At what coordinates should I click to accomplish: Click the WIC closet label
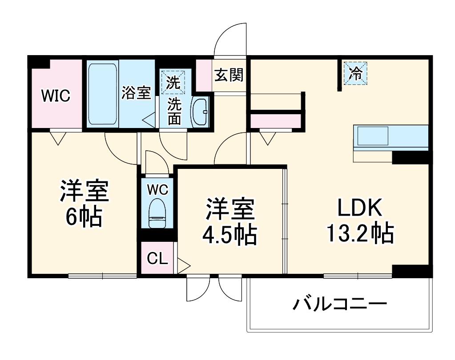point(56,96)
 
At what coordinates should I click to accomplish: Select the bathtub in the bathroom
point(103,94)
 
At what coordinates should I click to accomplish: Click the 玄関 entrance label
point(229,75)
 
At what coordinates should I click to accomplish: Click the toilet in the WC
point(157,212)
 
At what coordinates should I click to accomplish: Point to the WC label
point(157,190)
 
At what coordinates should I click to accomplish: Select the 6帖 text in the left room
point(84,217)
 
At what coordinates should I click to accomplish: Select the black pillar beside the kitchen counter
point(411,157)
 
